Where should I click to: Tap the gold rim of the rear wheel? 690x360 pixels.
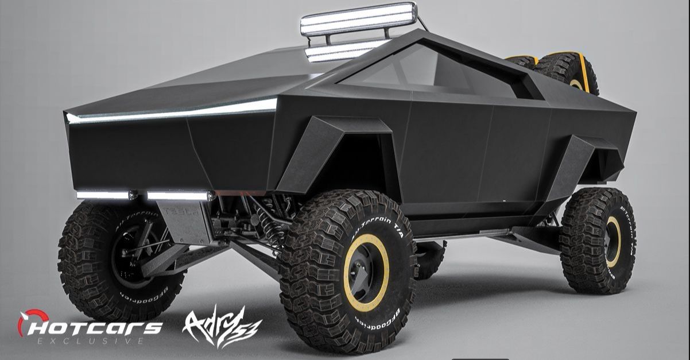click(x=613, y=241)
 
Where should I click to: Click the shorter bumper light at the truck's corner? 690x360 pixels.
click(x=106, y=195)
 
